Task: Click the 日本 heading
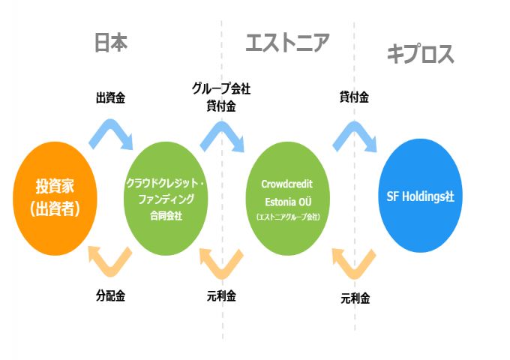tap(111, 43)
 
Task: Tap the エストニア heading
tap(287, 43)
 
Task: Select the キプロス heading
tap(420, 54)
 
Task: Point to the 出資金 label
tap(110, 97)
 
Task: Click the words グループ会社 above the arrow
tap(220, 88)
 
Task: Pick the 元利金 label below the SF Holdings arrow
tap(355, 298)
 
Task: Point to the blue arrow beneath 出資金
tap(111, 133)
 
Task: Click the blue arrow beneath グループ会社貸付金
tap(222, 133)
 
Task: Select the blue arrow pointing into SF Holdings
tap(354, 133)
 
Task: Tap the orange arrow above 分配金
tap(111, 260)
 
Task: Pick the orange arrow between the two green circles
tap(222, 260)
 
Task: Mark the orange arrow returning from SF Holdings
tap(354, 260)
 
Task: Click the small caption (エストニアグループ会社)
tap(288, 217)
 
